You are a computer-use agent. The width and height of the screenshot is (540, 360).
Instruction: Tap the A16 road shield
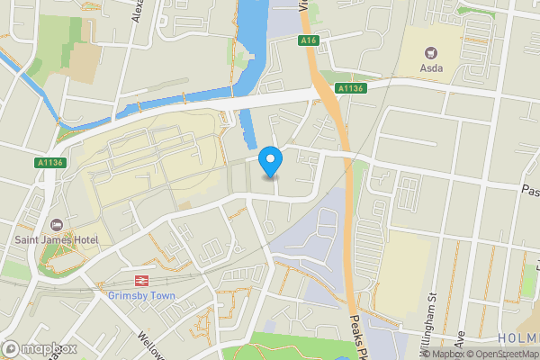point(310,40)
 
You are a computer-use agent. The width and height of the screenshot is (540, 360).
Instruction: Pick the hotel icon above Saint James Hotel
point(56,224)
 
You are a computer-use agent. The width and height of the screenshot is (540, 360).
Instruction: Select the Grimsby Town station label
point(139,295)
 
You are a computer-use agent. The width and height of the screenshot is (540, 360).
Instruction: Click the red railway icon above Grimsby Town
point(140,280)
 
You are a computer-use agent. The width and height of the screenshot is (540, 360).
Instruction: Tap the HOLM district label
point(517,337)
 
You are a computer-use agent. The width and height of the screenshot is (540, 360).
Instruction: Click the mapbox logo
point(38,348)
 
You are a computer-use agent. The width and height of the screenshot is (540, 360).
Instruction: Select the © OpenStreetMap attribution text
point(500,354)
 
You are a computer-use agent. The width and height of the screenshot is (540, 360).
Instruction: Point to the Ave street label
point(458,337)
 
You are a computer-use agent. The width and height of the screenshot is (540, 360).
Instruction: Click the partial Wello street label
point(144,346)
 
